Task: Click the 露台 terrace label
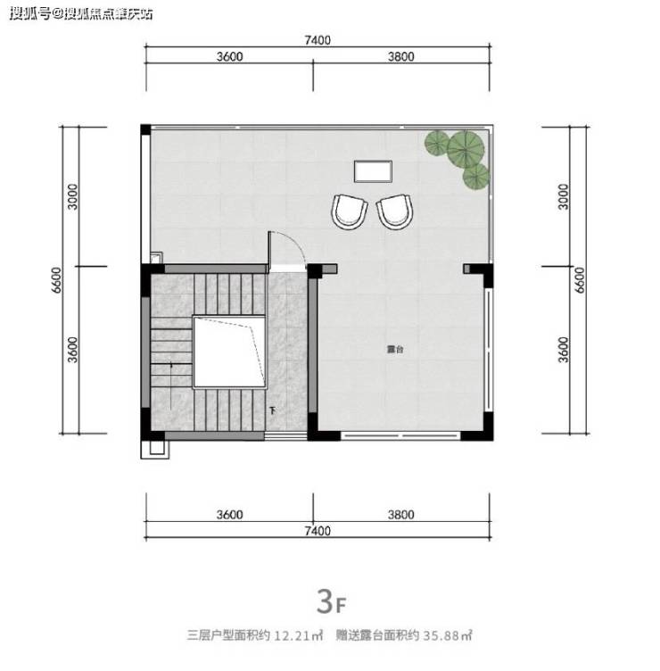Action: [395, 349]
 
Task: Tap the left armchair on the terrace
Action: [349, 211]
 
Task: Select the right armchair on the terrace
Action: [395, 211]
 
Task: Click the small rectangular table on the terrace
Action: [373, 171]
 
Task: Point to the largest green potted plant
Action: [466, 149]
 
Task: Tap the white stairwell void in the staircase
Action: [230, 352]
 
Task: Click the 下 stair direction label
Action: [272, 411]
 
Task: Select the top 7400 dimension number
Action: [318, 40]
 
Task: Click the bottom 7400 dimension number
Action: [318, 531]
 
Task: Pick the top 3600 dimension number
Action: [229, 56]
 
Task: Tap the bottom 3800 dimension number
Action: [400, 514]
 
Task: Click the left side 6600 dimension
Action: [56, 280]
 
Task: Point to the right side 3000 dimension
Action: [564, 196]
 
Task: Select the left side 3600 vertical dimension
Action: [73, 350]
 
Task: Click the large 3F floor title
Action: [331, 601]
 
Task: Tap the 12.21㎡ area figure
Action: [298, 635]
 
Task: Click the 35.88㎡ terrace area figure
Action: [448, 635]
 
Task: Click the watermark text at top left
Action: [81, 14]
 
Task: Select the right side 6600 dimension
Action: [579, 280]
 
